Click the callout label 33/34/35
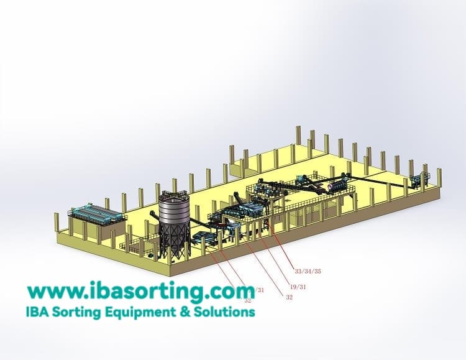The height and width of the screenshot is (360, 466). [x=308, y=271]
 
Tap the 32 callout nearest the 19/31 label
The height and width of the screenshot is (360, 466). [x=289, y=297]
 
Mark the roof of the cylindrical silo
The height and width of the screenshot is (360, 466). [x=173, y=195]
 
